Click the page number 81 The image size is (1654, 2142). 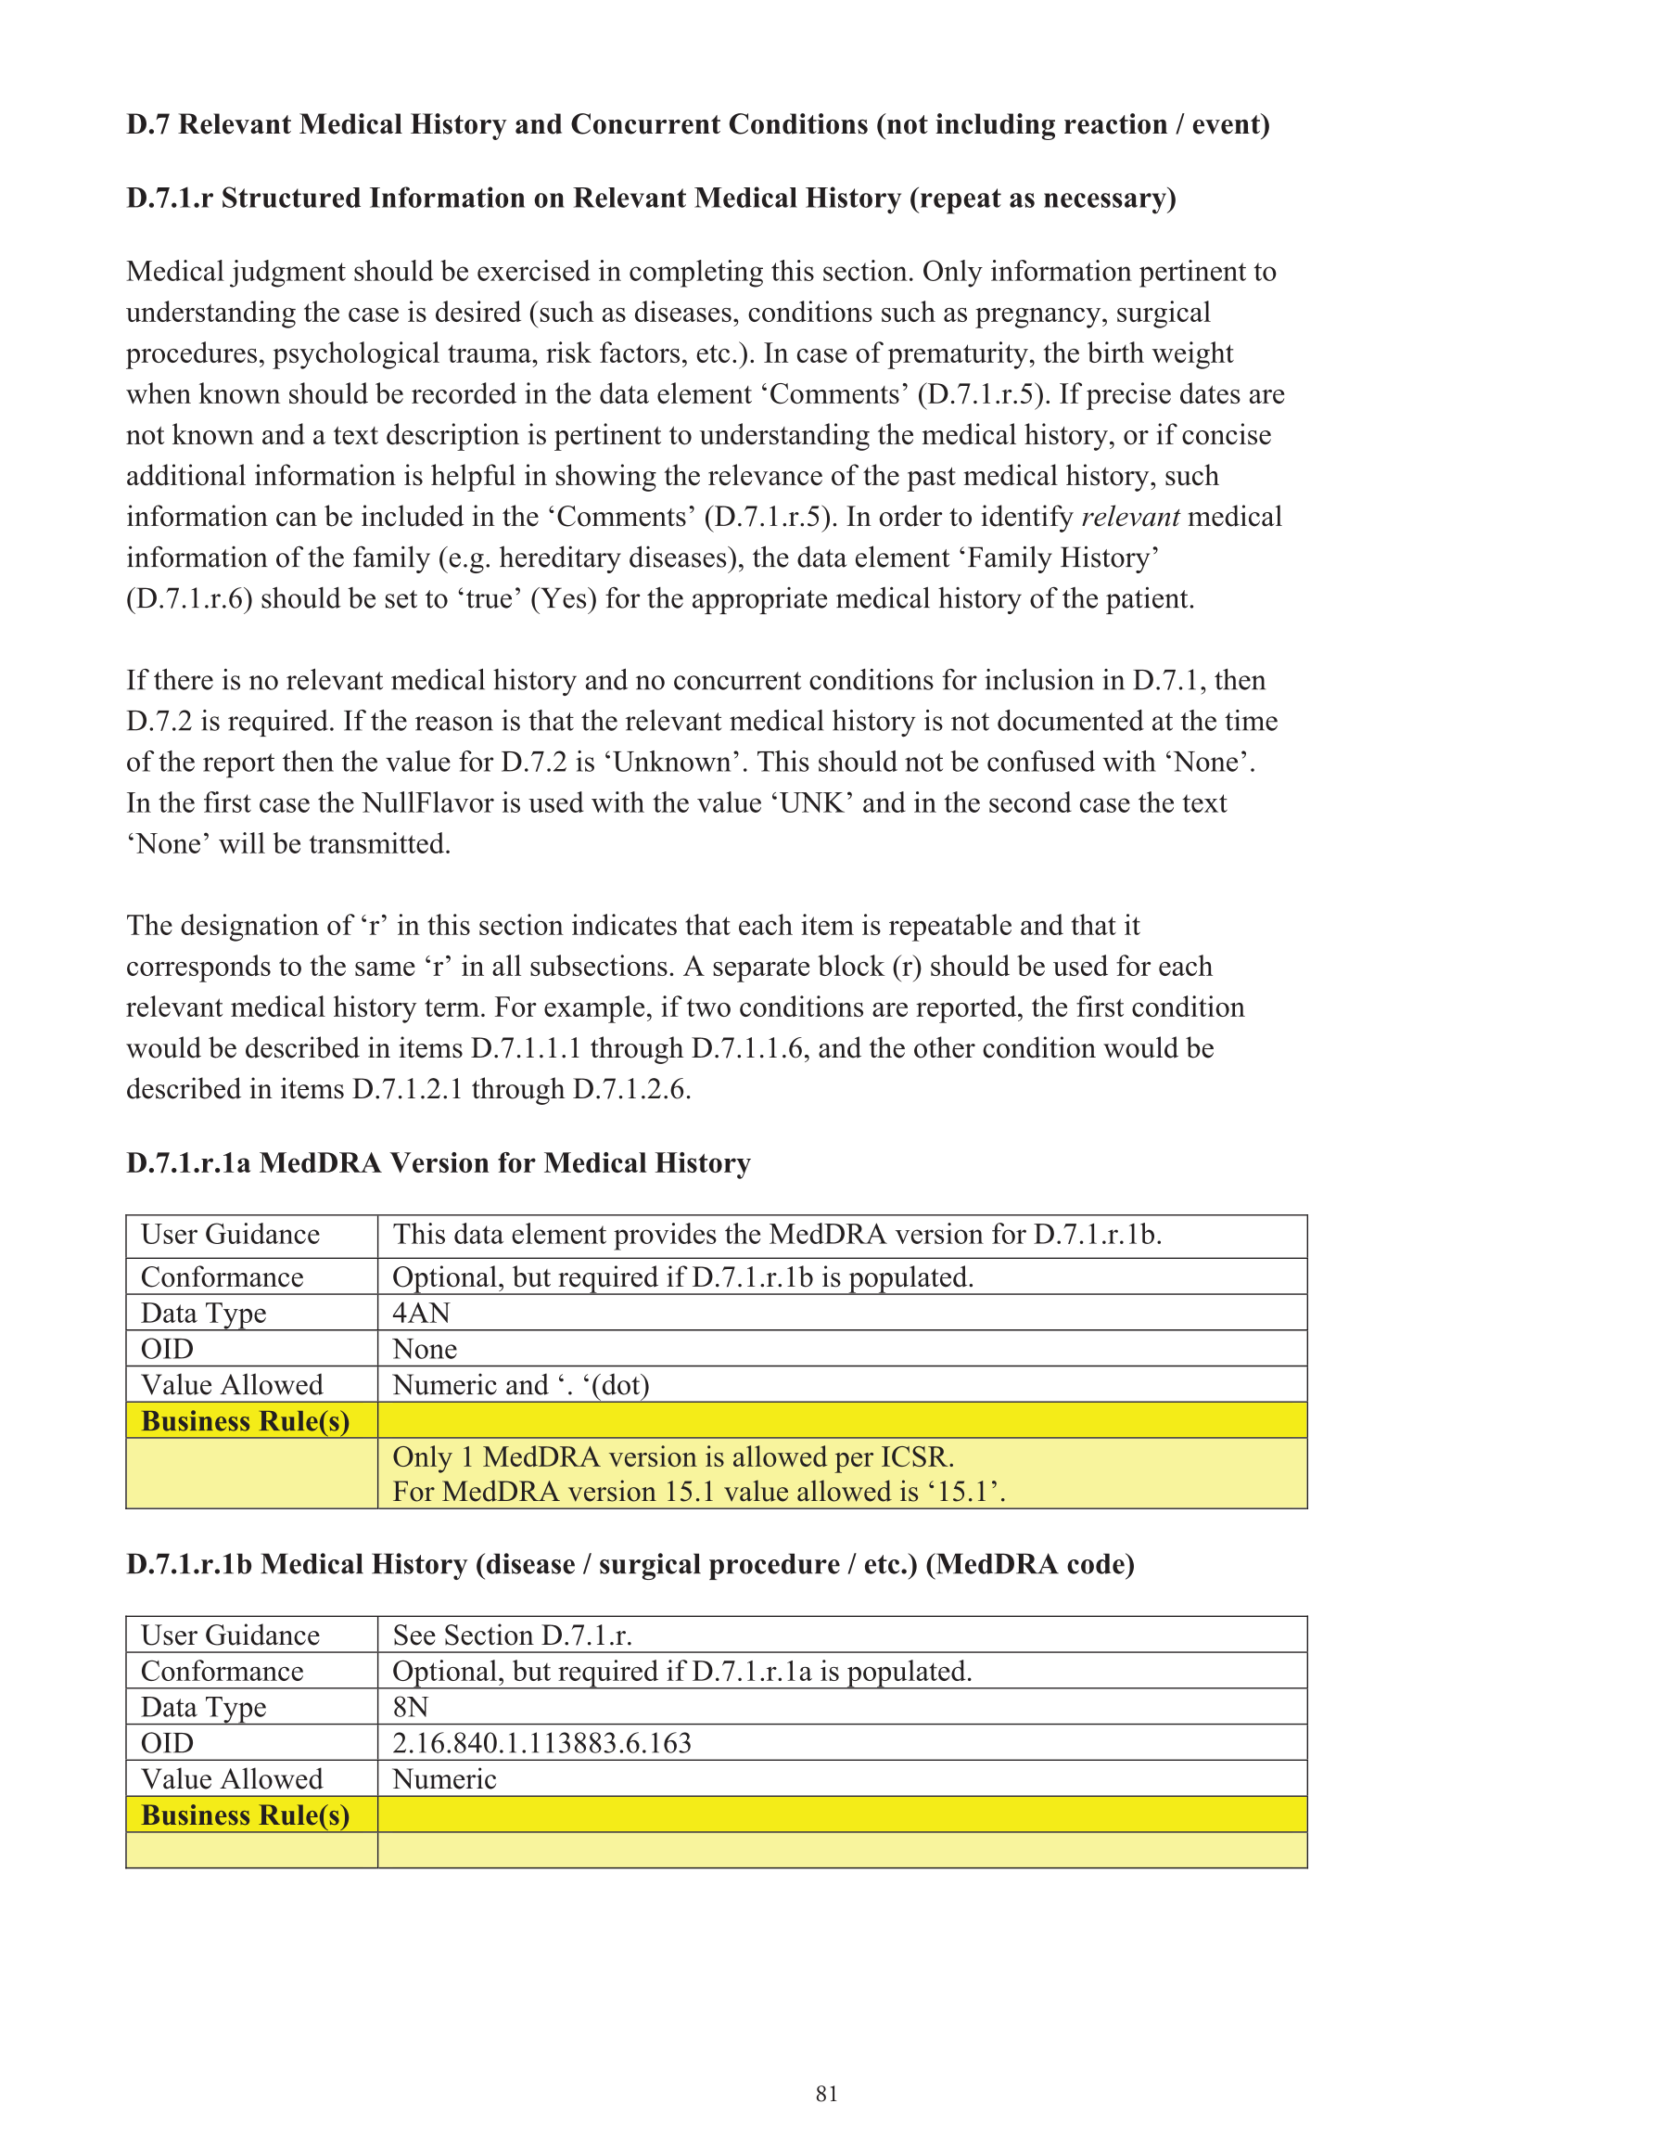click(825, 2093)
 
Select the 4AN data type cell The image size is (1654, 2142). click(422, 1313)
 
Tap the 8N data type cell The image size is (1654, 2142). click(410, 1707)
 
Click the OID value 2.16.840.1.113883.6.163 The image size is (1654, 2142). click(541, 1743)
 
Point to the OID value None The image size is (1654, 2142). click(425, 1349)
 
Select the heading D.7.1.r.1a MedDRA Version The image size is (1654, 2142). click(439, 1163)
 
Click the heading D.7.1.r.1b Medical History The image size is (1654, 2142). click(630, 1563)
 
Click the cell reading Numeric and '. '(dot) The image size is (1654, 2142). click(521, 1385)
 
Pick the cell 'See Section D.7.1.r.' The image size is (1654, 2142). click(512, 1635)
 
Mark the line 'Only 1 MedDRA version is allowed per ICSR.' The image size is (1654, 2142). click(672, 1456)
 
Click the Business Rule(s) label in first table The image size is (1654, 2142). click(245, 1421)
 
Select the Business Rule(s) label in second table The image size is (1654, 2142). click(245, 1815)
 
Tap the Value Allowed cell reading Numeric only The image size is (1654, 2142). click(444, 1779)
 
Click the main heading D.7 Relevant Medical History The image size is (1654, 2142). click(697, 124)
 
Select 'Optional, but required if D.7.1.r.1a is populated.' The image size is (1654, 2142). click(681, 1672)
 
